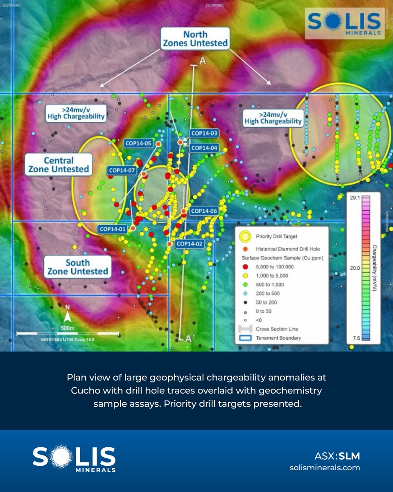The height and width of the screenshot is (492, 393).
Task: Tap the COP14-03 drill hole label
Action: tap(204, 133)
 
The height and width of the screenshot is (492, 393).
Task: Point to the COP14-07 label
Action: tap(122, 171)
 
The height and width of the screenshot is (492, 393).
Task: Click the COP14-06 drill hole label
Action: tap(203, 211)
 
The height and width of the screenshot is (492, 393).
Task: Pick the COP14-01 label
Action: tap(112, 228)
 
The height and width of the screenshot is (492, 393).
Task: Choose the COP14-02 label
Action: tap(189, 244)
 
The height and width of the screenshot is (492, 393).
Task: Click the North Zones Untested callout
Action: tap(194, 39)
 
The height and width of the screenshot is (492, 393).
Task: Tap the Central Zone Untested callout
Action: tap(59, 165)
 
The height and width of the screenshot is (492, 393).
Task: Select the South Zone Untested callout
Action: tap(77, 266)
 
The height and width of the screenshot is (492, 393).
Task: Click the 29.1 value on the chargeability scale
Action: tap(352, 198)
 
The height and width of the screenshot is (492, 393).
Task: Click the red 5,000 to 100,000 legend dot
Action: tap(245, 266)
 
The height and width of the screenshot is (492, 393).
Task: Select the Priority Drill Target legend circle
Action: tap(245, 237)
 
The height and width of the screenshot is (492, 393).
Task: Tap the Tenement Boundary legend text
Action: tap(278, 338)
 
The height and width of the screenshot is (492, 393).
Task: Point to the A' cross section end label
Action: tap(189, 339)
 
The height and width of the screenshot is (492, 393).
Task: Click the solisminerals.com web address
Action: tap(325, 467)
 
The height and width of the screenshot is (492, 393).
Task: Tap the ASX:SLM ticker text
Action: tap(337, 456)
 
